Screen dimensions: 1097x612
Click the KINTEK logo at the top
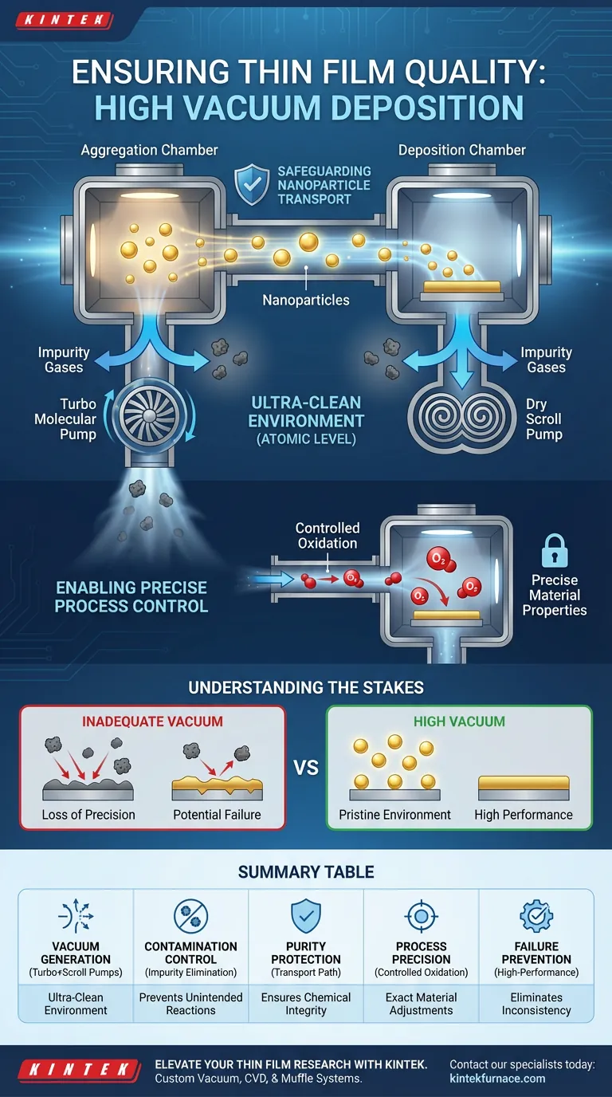point(65,21)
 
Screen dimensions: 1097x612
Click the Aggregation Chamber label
point(149,150)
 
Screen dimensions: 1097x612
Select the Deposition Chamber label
point(462,150)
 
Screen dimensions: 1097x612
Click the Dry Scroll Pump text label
point(543,419)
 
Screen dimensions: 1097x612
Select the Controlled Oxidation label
point(328,535)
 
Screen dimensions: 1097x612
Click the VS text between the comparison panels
point(306,768)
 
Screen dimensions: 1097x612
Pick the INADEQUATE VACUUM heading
point(151,722)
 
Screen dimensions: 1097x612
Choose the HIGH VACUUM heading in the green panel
point(459,722)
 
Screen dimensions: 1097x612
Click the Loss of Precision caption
point(88,815)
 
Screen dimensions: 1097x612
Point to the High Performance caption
point(524,815)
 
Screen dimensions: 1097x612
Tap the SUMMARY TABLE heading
point(306,871)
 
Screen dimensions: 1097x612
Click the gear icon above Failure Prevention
point(536,916)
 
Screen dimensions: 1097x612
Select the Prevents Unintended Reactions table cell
point(191,1004)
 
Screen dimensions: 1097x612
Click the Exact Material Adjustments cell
point(421,1004)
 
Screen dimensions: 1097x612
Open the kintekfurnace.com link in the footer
point(497,1078)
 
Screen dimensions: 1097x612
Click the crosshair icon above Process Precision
point(421,916)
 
